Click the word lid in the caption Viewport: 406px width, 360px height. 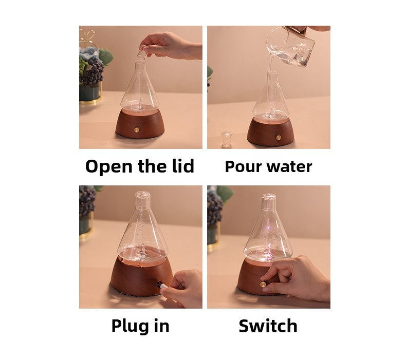click(183, 165)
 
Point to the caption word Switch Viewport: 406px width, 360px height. click(268, 326)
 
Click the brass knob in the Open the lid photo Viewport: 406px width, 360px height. click(136, 128)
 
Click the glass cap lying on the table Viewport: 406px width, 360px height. click(227, 140)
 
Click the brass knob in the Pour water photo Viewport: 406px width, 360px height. click(279, 137)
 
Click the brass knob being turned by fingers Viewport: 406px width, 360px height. click(264, 285)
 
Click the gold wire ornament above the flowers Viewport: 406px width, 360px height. click(87, 38)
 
